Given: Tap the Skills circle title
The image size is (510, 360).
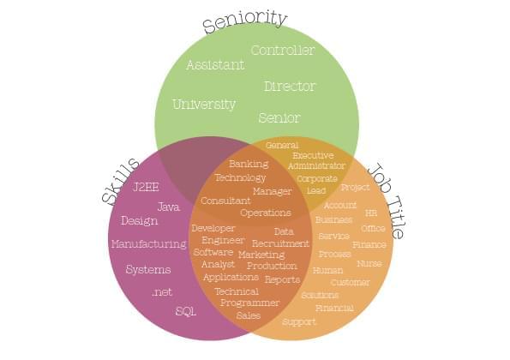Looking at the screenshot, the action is coord(120,181).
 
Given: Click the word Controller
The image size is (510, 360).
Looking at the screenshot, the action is coord(283,50).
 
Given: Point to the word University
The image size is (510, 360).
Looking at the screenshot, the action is coord(204,105).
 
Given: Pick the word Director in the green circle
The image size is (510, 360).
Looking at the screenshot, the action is coord(290,87).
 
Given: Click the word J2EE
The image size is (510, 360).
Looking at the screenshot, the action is coord(146,187).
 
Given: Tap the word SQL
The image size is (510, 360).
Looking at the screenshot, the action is coord(186,311).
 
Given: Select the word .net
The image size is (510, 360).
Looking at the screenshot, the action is coord(162,292).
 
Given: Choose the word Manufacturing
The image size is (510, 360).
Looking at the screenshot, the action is coord(149,244).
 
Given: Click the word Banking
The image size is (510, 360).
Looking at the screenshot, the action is coord(249,164).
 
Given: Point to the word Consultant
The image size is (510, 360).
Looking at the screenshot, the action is coord(225,201).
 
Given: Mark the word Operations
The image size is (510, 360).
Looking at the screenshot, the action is coord(266,213).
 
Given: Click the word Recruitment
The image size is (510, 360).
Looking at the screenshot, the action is coord(280,243).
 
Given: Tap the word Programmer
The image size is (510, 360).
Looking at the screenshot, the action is coord(249,303).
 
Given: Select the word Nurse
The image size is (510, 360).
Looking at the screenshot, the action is coord(369,263).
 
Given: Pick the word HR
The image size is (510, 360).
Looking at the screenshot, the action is coord(371,213).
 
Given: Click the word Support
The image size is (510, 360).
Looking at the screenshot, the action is coord(299,322).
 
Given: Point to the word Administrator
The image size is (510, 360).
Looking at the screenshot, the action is coord(316,165).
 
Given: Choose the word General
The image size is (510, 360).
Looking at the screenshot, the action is coord(282,146).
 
